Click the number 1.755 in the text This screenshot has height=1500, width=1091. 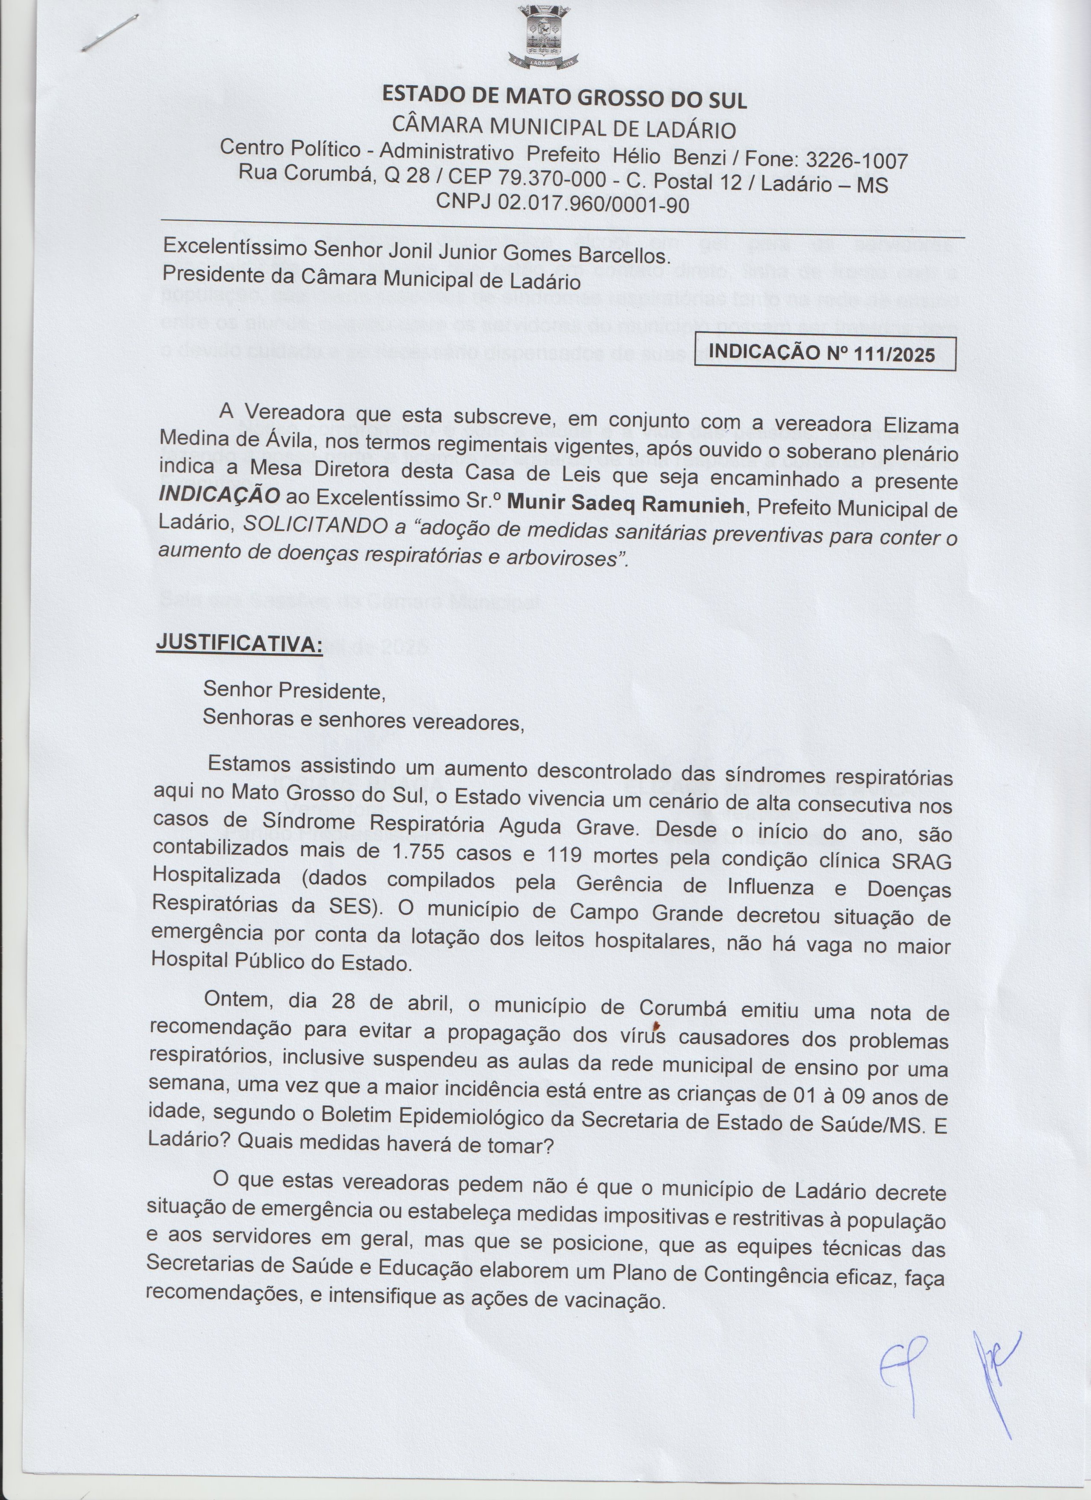[x=421, y=853]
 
